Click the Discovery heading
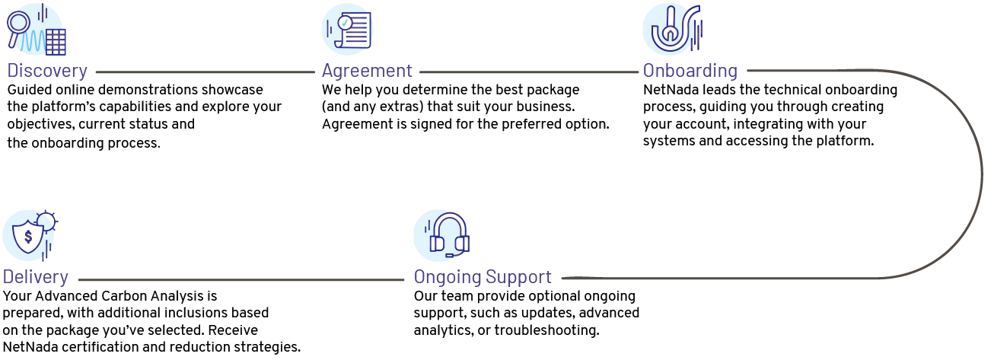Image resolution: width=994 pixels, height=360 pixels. (47, 71)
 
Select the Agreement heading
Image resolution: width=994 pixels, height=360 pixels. (367, 71)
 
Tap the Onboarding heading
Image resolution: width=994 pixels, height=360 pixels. (690, 71)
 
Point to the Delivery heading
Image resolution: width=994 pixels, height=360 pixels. (36, 277)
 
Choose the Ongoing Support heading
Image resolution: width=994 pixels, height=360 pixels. (483, 277)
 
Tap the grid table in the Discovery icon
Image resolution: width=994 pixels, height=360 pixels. (56, 42)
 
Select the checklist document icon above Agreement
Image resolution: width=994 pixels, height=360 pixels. (349, 29)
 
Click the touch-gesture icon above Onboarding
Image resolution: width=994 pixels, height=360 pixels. (668, 29)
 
